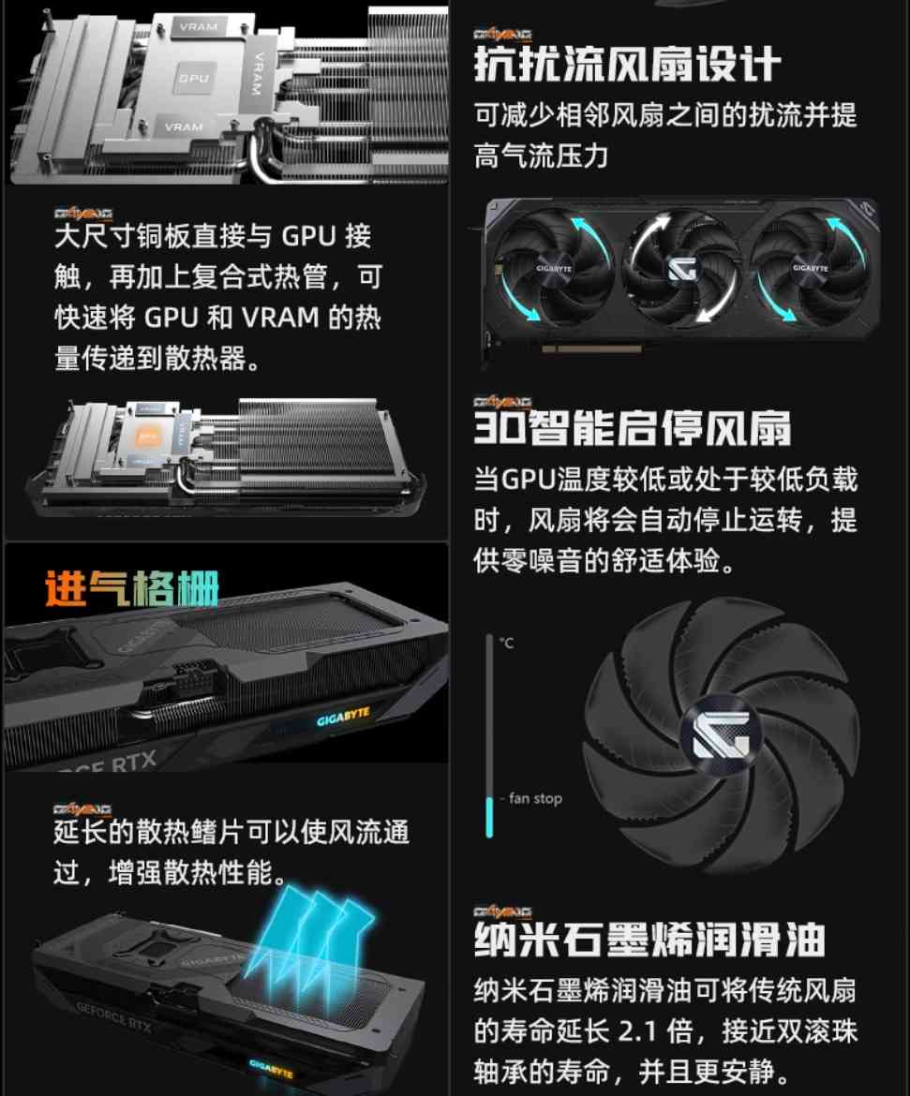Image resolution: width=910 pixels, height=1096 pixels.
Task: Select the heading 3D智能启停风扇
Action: [x=632, y=427]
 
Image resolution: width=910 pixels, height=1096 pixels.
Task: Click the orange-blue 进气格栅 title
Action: [x=132, y=588]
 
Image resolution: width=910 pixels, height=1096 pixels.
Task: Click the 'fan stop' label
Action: [x=535, y=799]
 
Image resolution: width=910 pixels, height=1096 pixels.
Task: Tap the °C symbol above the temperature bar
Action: [x=506, y=644]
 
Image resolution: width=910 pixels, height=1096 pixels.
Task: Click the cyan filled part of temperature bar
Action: [x=489, y=817]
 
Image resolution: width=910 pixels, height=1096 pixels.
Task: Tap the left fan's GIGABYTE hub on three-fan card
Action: [x=553, y=268]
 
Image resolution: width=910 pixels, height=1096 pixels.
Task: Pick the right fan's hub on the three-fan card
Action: [x=810, y=268]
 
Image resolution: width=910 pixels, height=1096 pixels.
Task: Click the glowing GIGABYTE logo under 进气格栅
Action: [x=343, y=715]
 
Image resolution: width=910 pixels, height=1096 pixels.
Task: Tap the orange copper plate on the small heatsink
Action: [x=148, y=437]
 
